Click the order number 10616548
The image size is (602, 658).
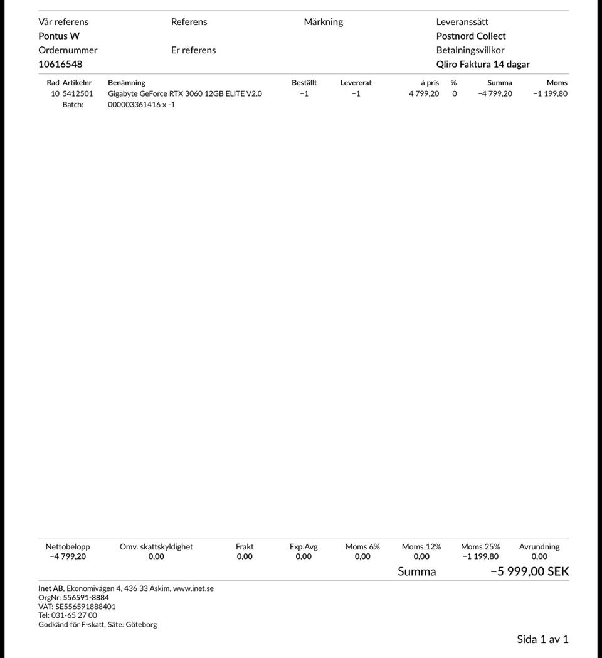pos(60,64)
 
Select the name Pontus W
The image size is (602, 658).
pos(59,36)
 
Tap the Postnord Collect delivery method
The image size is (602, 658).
pos(471,36)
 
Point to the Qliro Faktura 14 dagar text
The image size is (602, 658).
pos(483,64)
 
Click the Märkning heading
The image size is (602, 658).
pos(323,22)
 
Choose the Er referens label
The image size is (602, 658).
pos(193,50)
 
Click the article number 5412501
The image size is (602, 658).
pos(78,93)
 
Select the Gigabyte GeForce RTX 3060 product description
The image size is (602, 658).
pos(185,93)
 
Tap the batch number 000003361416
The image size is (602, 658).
pos(134,105)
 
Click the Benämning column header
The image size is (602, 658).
pos(127,83)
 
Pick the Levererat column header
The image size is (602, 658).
pos(356,83)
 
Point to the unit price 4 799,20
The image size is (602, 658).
pos(424,93)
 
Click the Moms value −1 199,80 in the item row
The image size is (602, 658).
pos(550,93)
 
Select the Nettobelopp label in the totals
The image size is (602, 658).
pos(68,547)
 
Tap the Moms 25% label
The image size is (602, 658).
pos(480,547)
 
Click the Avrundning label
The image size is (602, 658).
pos(539,547)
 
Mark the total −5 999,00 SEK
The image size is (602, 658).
pos(529,571)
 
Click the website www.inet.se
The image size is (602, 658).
pos(193,588)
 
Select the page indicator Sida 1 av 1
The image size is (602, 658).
pos(542,639)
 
